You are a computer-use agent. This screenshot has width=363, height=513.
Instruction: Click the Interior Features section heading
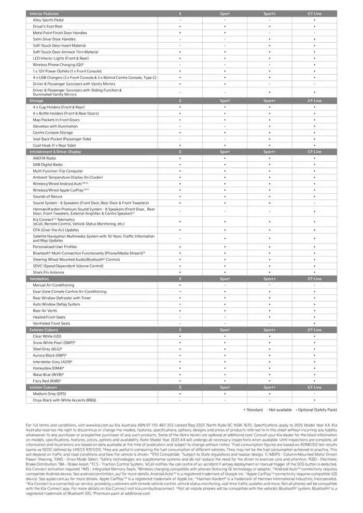44,13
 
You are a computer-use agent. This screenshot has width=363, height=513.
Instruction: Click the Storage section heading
36,101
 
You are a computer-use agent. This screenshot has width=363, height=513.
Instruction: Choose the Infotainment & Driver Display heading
55,152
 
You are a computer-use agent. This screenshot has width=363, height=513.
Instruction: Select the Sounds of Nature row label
48,196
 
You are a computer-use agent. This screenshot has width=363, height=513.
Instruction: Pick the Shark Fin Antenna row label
49,272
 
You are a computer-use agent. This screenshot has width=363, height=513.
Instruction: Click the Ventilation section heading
39,279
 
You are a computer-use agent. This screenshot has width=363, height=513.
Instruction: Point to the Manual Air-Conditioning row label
53,285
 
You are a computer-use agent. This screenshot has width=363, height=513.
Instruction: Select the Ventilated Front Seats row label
52,323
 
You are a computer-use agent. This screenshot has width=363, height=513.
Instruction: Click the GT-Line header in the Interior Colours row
314,387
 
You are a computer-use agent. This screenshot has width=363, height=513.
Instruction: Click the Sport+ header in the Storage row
269,101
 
